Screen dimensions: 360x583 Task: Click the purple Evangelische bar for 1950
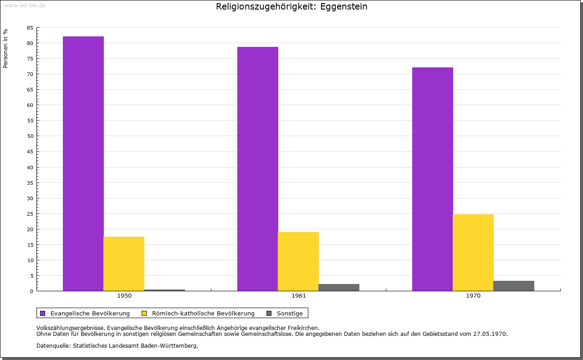pos(83,163)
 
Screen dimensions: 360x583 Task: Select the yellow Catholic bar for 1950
pos(124,264)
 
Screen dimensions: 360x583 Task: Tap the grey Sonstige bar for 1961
pos(339,287)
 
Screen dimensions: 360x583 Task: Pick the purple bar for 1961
pos(258,169)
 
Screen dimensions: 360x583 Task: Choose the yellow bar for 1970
pos(473,253)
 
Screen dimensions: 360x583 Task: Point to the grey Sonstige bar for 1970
pos(514,286)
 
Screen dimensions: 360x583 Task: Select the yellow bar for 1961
pos(298,261)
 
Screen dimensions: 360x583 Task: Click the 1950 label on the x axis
pos(124,296)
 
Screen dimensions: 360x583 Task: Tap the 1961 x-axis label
pos(299,296)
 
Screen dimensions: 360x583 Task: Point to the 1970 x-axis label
pos(473,296)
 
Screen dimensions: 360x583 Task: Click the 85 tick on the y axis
pos(30,28)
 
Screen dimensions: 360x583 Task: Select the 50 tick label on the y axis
pos(30,136)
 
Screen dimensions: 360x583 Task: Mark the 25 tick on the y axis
pos(30,213)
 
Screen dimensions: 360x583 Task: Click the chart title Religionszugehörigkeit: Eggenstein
pos(291,6)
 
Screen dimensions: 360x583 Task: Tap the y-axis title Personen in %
pos(5,48)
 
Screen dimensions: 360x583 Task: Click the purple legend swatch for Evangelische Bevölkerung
pos(43,313)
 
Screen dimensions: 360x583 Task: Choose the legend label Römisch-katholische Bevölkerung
pos(203,313)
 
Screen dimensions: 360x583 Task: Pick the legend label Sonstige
pos(290,313)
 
